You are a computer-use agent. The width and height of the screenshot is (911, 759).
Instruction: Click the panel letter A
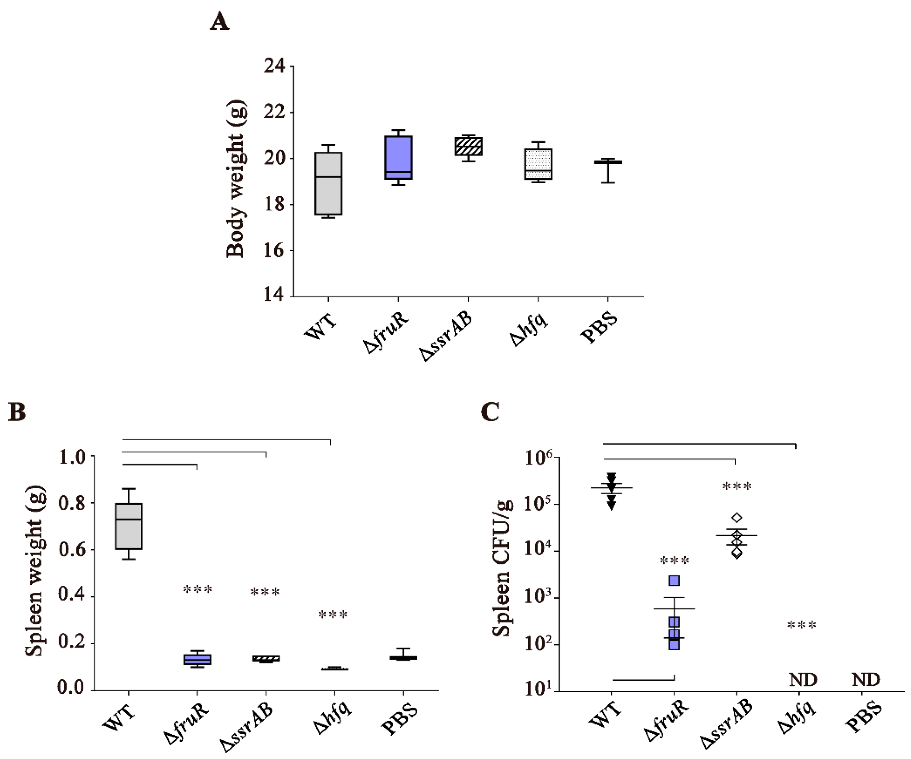pos(219,22)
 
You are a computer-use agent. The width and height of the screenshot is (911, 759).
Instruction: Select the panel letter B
pos(17,412)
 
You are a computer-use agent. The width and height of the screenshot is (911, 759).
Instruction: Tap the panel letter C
pos(490,412)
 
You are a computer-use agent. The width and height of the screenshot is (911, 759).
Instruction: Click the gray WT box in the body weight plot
pos(328,184)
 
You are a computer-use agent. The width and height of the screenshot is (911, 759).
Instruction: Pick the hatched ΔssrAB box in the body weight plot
pos(468,146)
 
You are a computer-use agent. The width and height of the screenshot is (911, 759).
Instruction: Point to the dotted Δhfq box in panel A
pos(538,164)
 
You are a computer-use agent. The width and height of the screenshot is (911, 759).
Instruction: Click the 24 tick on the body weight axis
pos(275,66)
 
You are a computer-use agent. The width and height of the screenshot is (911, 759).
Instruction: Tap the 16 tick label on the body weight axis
pos(275,251)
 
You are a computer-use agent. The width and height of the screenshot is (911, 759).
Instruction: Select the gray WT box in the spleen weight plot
pos(128,526)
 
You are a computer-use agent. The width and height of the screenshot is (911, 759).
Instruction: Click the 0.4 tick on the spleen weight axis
pos(72,597)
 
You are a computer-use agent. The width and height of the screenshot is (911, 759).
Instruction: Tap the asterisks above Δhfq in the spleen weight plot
pos(333,615)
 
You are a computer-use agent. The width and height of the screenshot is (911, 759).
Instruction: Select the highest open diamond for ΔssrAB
pos(737,518)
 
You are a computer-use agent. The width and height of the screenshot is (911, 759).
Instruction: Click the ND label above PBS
pos(866,680)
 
